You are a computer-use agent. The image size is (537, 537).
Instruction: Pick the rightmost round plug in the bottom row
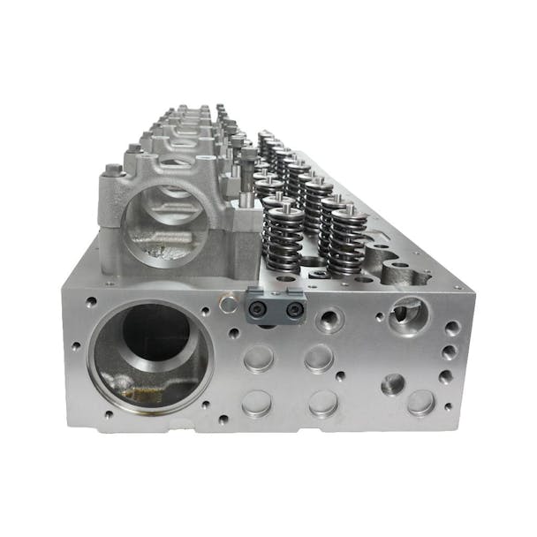click(421, 403)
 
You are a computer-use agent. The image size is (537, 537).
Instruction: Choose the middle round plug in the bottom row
click(323, 404)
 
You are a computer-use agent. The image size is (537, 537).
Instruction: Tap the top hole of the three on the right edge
click(452, 329)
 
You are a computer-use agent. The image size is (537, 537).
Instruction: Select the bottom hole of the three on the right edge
click(447, 376)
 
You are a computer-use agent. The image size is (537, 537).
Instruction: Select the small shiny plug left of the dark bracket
click(229, 305)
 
